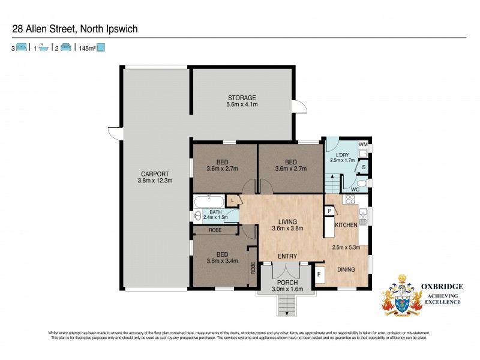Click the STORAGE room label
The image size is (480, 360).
(242, 97)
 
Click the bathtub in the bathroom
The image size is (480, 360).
(209, 201)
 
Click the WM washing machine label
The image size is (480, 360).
(362, 145)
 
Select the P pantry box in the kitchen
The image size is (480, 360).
(329, 211)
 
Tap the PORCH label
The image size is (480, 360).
(287, 282)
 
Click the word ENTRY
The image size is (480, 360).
(287, 256)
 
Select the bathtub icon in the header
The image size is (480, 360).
(43, 47)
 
